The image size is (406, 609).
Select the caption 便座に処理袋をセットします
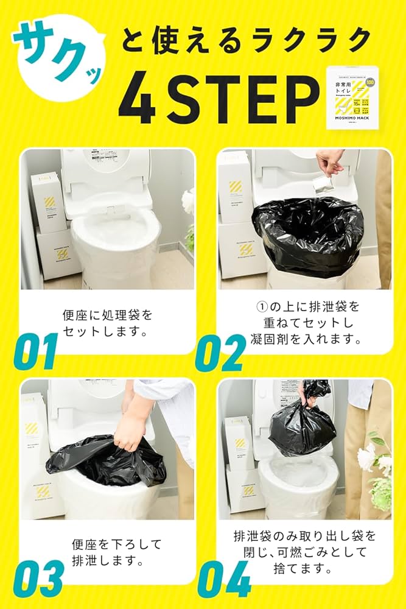point(107,323)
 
